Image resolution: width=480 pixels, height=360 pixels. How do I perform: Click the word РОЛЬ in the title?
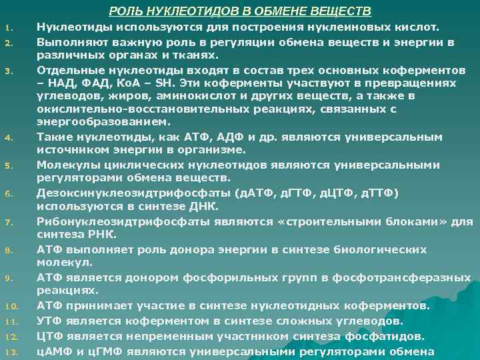point(124,11)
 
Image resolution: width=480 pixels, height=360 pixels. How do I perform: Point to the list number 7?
point(9,221)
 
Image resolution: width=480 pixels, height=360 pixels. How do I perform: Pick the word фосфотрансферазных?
point(393,277)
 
